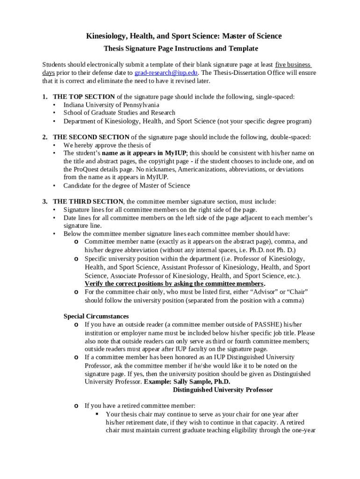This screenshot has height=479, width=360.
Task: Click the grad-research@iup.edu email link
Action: (166, 73)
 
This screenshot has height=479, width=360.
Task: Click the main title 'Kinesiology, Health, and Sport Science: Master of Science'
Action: (184, 36)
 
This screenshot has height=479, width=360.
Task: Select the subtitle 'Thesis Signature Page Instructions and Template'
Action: (180, 49)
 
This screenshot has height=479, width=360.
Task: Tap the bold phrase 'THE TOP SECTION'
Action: (84, 97)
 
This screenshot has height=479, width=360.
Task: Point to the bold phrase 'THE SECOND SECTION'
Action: (91, 137)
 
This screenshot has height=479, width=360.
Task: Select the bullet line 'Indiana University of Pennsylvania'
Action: (111, 105)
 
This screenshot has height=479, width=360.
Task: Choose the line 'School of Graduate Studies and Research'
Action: (119, 113)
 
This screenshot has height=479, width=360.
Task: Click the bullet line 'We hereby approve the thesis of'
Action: (107, 145)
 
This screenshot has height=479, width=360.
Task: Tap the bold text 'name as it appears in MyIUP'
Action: (144, 153)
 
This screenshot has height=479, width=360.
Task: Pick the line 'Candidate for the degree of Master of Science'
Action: (127, 185)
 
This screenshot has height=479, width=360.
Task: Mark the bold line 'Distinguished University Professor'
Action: (223, 390)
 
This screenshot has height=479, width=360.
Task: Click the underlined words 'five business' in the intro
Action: (293, 65)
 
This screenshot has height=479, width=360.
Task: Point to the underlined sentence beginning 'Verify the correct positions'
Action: (174, 284)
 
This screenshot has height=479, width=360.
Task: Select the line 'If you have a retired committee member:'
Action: (140, 406)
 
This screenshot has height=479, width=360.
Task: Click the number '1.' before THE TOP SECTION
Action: (45, 97)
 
